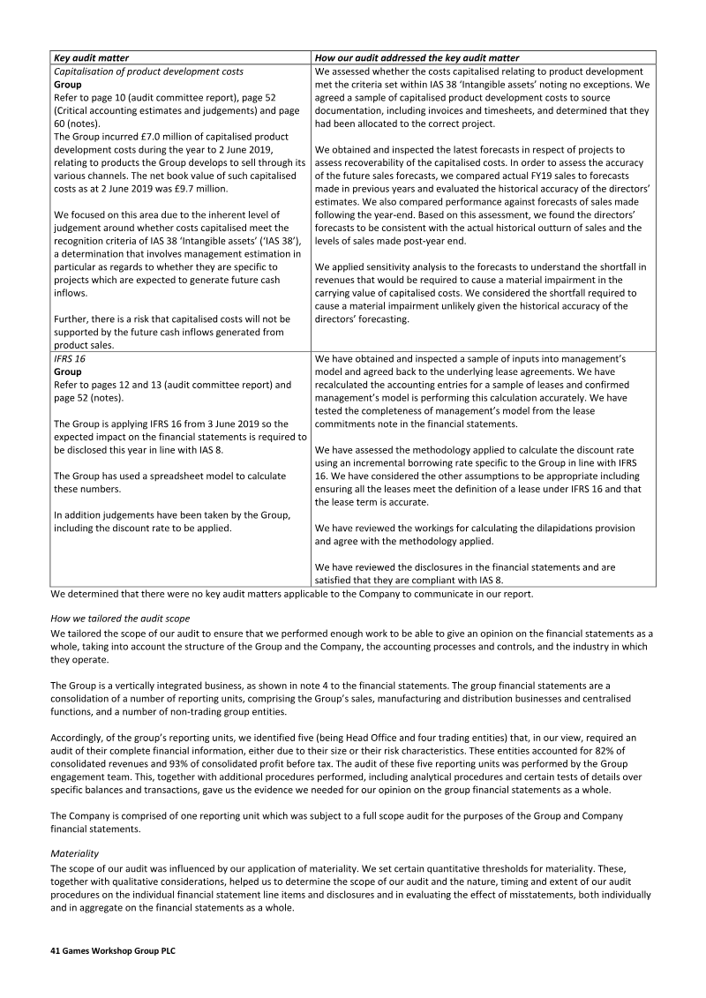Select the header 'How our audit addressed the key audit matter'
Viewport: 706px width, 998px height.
click(x=417, y=57)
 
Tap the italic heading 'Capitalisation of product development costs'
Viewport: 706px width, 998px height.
click(x=149, y=71)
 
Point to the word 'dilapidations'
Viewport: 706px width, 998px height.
click(x=541, y=528)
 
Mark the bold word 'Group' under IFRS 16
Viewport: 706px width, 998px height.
click(x=68, y=372)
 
